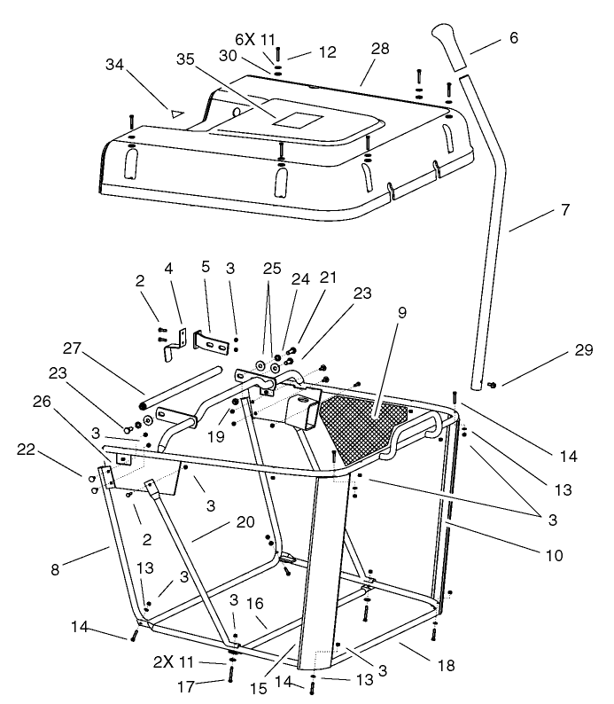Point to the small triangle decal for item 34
point(175,113)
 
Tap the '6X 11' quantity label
point(256,38)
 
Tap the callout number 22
point(27,450)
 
